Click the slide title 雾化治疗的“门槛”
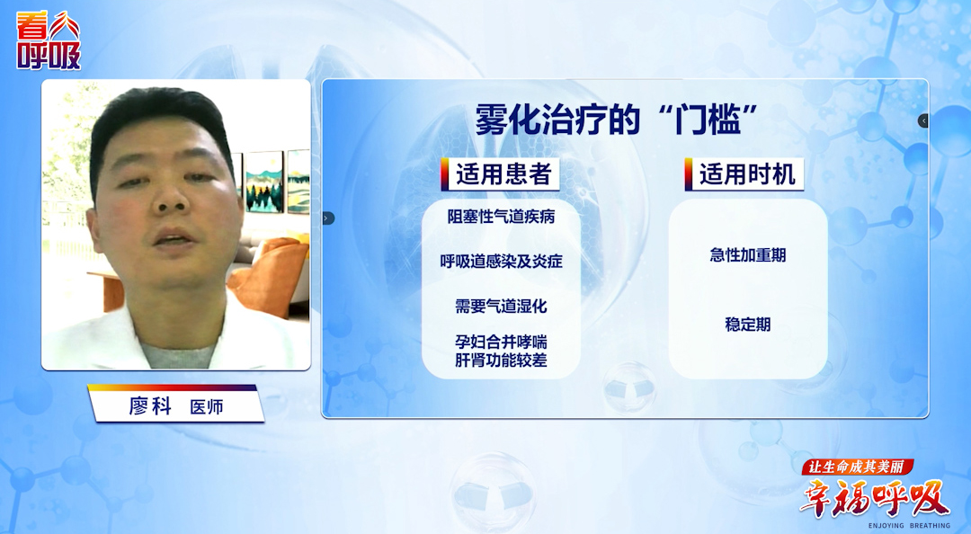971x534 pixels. tap(618, 118)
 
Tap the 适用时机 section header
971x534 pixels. tap(747, 174)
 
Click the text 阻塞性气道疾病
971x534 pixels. tap(501, 217)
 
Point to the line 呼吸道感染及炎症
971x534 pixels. tap(501, 262)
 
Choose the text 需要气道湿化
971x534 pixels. tap(501, 306)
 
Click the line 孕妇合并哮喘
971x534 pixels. tap(501, 343)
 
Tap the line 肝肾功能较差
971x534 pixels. tap(501, 361)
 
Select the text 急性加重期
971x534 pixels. tap(747, 255)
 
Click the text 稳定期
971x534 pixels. tap(747, 325)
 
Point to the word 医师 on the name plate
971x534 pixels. tap(207, 407)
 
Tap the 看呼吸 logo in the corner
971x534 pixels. tap(49, 41)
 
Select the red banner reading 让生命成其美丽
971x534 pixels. tap(858, 467)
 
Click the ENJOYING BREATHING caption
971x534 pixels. tap(908, 525)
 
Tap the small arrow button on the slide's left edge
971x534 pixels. tap(327, 218)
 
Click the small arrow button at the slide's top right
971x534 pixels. tap(923, 120)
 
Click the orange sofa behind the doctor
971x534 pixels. tap(270, 273)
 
